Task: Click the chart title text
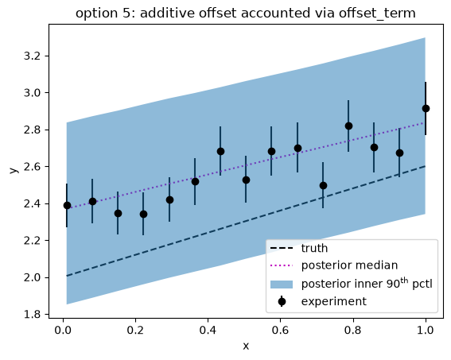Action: [x=245, y=14]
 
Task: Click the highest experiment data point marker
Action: [x=426, y=109]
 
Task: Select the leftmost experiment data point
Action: [x=67, y=205]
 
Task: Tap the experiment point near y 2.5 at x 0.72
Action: [x=323, y=186]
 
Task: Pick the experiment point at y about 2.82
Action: [x=348, y=126]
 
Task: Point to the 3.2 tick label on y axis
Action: [x=32, y=56]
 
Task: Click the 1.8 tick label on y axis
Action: [x=32, y=315]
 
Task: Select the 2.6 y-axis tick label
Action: [x=32, y=167]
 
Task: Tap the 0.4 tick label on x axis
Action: [x=208, y=330]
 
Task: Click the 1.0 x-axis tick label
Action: [x=425, y=330]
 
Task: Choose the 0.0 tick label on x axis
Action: [x=63, y=330]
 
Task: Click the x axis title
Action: [x=246, y=346]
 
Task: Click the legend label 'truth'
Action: [x=314, y=248]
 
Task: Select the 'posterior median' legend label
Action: [x=349, y=265]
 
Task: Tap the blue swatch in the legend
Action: [x=282, y=285]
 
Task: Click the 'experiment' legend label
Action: [x=334, y=301]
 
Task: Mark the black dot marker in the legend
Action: [x=282, y=302]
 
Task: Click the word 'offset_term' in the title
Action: [x=377, y=14]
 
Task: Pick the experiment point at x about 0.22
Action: [x=143, y=214]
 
